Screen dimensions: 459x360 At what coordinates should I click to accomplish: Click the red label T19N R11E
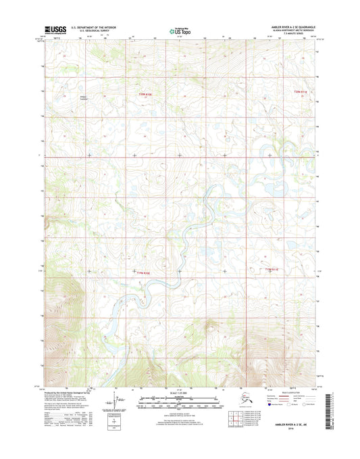pyautogui.click(x=272, y=270)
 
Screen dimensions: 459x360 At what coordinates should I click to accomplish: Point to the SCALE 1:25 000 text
pyautogui.click(x=179, y=392)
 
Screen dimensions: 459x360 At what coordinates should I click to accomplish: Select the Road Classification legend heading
pyautogui.click(x=288, y=393)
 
